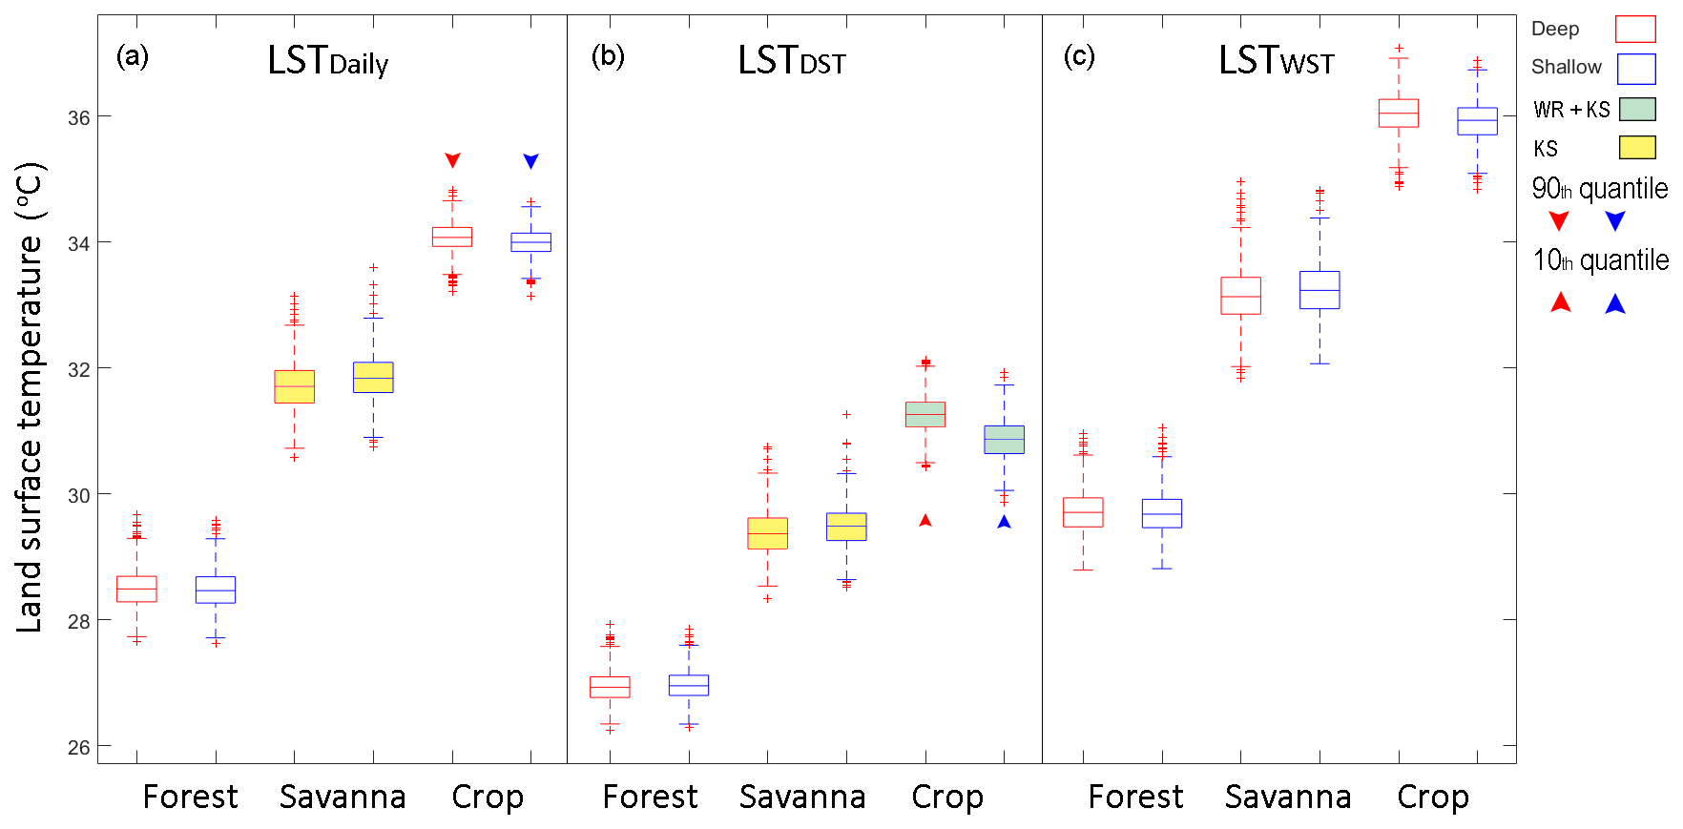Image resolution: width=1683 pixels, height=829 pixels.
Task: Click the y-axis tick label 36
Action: (79, 117)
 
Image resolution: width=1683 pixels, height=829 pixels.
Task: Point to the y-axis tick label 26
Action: (79, 747)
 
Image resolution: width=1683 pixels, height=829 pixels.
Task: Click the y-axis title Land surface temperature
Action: (31, 397)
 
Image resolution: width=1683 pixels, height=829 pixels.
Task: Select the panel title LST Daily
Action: (327, 61)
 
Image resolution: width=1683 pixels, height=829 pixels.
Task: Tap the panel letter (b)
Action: (608, 56)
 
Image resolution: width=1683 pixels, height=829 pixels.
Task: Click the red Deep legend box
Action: (1634, 30)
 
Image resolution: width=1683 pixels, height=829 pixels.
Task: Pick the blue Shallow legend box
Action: (1634, 69)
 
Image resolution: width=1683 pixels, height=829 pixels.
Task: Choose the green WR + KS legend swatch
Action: (1637, 109)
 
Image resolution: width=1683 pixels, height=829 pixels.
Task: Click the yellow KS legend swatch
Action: (1637, 147)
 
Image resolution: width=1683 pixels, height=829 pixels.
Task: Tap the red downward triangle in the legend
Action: (1559, 221)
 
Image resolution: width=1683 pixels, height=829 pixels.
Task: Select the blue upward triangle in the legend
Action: (1614, 304)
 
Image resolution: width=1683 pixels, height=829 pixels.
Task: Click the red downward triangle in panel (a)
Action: (453, 160)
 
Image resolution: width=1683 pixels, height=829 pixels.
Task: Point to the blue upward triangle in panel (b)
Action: (1004, 522)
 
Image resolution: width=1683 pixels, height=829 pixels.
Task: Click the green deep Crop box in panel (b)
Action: (925, 414)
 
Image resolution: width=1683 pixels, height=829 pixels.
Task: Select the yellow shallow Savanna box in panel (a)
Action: (373, 378)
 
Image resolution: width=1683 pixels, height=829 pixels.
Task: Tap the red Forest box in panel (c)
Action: (1083, 512)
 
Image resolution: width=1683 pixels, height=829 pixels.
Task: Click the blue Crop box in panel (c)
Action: (1477, 121)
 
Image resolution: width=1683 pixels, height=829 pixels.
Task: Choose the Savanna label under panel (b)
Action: (802, 797)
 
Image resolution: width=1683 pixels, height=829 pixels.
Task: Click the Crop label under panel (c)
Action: (1432, 797)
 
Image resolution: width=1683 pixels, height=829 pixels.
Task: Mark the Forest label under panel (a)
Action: (190, 797)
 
